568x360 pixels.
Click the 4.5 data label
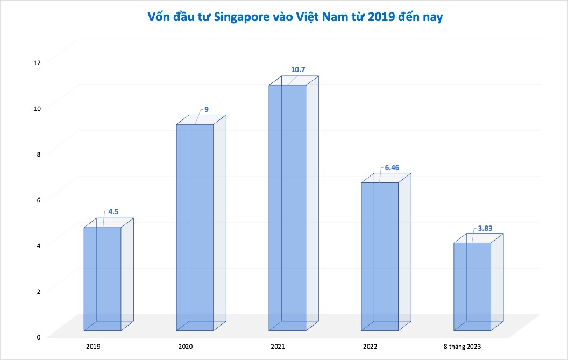click(x=113, y=211)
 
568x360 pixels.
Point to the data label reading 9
click(x=206, y=109)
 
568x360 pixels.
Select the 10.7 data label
click(x=297, y=70)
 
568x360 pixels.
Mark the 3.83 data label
click(x=485, y=228)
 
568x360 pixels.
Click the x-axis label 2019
click(x=93, y=347)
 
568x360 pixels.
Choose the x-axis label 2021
click(x=278, y=347)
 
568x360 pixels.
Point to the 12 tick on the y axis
click(x=37, y=62)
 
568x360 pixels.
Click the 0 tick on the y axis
click(x=38, y=337)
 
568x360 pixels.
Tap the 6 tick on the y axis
click(x=38, y=200)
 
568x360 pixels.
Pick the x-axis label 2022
click(x=371, y=347)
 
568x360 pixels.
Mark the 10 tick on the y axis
click(x=37, y=108)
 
